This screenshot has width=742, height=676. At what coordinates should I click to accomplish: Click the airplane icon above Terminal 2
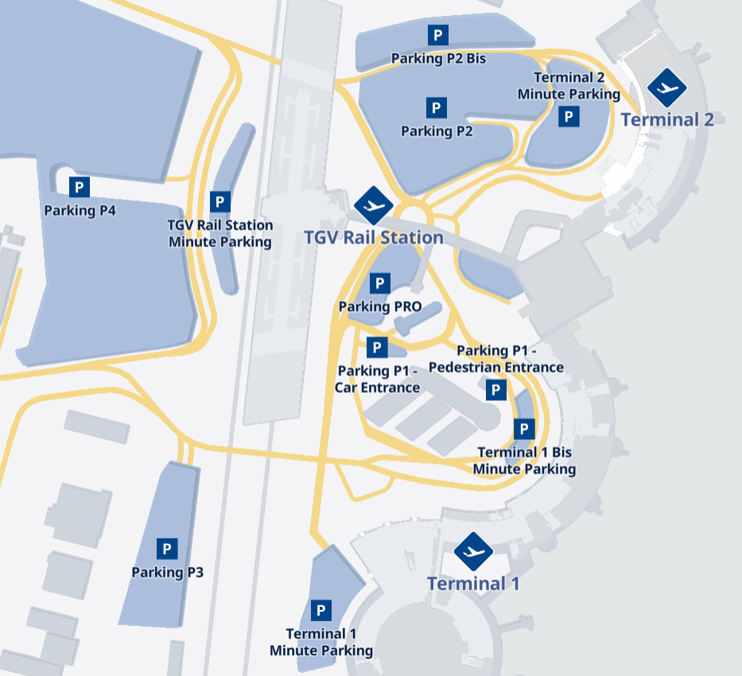tap(666, 87)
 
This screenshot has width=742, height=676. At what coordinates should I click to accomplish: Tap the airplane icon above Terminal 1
tap(473, 551)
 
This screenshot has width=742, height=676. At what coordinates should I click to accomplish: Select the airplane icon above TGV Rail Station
tap(373, 206)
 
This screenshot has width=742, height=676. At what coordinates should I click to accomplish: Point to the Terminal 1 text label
tap(473, 583)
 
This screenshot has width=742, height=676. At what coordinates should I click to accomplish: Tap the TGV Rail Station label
tap(374, 237)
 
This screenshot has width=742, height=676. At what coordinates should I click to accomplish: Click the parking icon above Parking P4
tap(79, 187)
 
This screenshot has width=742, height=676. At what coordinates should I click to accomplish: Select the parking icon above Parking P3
tap(167, 549)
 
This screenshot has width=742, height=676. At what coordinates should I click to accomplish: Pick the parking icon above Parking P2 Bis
tap(438, 35)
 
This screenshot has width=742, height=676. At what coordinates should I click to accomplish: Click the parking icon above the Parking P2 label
tap(436, 107)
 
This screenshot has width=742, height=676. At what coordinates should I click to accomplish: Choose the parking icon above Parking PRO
tap(380, 283)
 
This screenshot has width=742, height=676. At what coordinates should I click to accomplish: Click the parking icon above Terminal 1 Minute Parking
tap(320, 610)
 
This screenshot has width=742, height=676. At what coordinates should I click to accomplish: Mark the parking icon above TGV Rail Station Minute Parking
tap(220, 202)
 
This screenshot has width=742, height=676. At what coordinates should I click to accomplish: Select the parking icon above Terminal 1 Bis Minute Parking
tap(523, 429)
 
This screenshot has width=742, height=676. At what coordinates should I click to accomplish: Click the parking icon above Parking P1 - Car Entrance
tap(377, 348)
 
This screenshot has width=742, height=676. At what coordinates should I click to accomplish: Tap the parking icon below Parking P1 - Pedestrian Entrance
tap(495, 390)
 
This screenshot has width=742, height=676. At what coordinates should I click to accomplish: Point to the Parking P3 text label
tap(167, 572)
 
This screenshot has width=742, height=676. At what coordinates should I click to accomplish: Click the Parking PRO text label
tap(380, 307)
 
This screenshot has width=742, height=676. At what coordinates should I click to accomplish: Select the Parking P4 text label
tap(80, 211)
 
